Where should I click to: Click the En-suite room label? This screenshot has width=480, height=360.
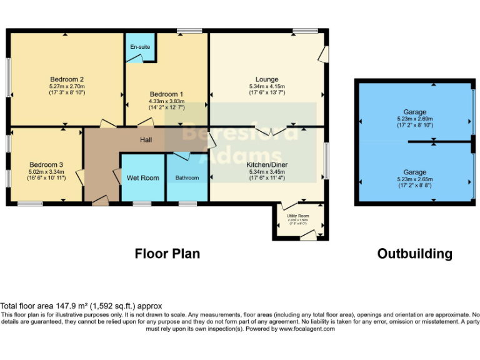(x=139, y=47)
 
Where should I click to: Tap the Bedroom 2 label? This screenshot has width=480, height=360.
(x=67, y=79)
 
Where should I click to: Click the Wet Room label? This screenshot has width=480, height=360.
(x=142, y=178)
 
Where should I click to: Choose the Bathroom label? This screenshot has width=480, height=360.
(x=187, y=178)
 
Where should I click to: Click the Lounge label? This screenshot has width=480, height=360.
(x=267, y=79)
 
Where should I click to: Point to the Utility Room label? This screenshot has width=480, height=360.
(x=298, y=216)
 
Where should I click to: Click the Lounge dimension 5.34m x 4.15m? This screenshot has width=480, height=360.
(x=267, y=86)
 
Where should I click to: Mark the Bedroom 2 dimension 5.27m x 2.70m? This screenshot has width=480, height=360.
(x=67, y=86)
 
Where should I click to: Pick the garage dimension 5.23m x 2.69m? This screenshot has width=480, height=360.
(x=414, y=119)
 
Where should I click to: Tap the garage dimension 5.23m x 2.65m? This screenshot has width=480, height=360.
(x=414, y=179)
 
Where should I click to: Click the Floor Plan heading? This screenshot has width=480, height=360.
(x=167, y=254)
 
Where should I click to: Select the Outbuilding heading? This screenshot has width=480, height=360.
(x=414, y=254)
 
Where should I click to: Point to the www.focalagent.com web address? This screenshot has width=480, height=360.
(x=307, y=329)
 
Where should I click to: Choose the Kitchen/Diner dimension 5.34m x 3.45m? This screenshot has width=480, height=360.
(x=267, y=172)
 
